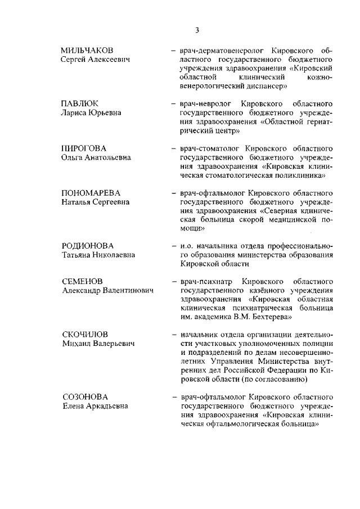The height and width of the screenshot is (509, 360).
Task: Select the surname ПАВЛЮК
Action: [x=80, y=103]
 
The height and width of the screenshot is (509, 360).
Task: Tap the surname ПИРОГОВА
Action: [x=83, y=148]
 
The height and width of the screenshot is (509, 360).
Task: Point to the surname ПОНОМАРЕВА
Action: [x=91, y=192]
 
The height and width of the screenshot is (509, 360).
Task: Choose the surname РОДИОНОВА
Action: [x=87, y=245]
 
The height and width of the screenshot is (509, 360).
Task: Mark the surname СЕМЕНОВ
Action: [x=82, y=281]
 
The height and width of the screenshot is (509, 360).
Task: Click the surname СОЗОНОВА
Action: [x=84, y=396]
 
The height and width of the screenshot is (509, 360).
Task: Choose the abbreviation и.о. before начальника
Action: [x=187, y=245]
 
